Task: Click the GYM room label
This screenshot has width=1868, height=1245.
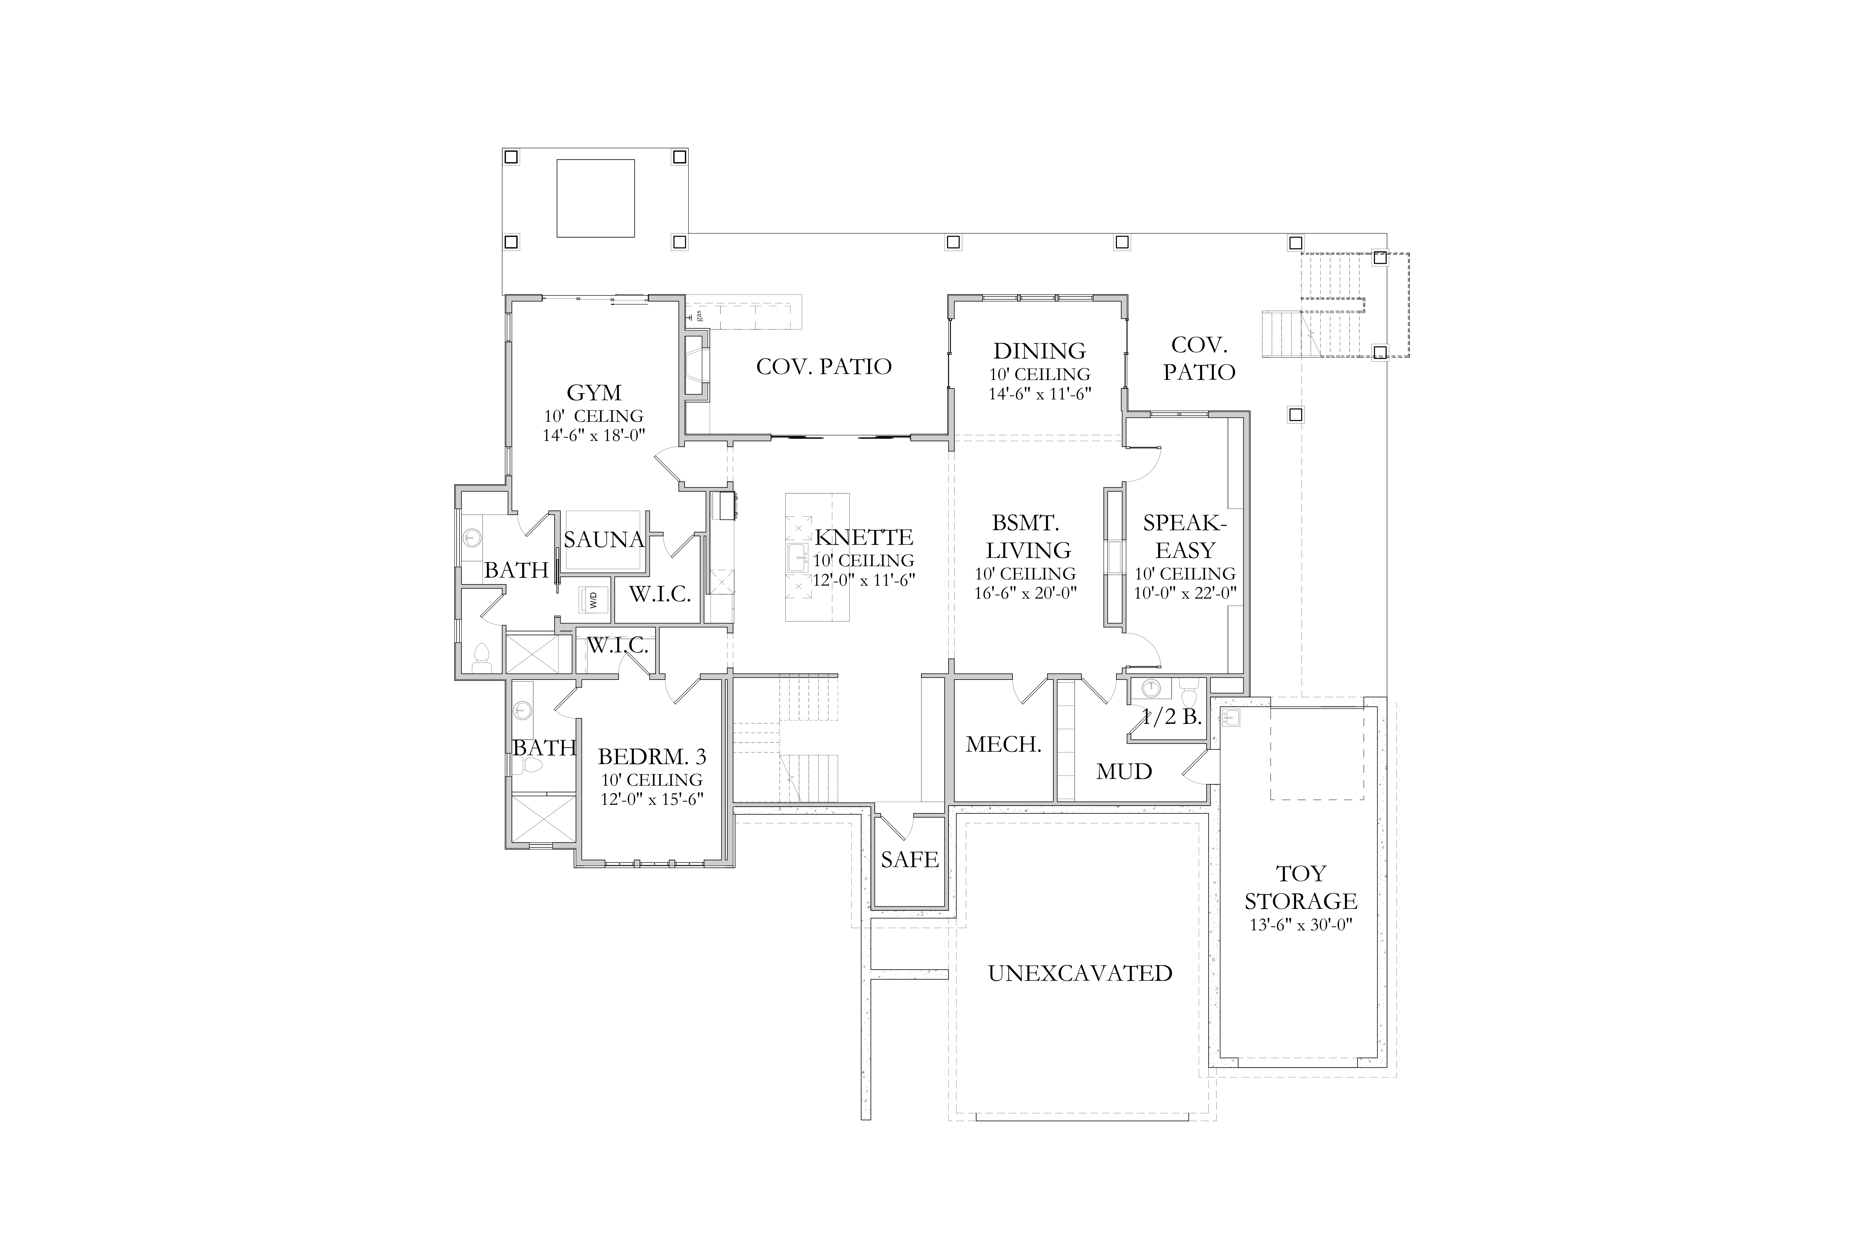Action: pyautogui.click(x=594, y=393)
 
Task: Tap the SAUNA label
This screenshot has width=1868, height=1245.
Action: pyautogui.click(x=604, y=540)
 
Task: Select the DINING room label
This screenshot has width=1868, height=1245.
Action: pyautogui.click(x=1040, y=351)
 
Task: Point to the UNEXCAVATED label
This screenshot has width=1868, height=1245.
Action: pyautogui.click(x=1080, y=973)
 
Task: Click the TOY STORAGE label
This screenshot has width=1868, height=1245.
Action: pyautogui.click(x=1301, y=888)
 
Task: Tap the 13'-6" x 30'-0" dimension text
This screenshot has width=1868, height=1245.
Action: pyautogui.click(x=1301, y=925)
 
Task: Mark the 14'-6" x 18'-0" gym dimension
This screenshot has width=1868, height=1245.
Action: pyautogui.click(x=594, y=435)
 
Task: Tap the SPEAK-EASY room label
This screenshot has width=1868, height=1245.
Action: pyautogui.click(x=1185, y=537)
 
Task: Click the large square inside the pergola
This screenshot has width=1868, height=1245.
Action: pyautogui.click(x=596, y=198)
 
